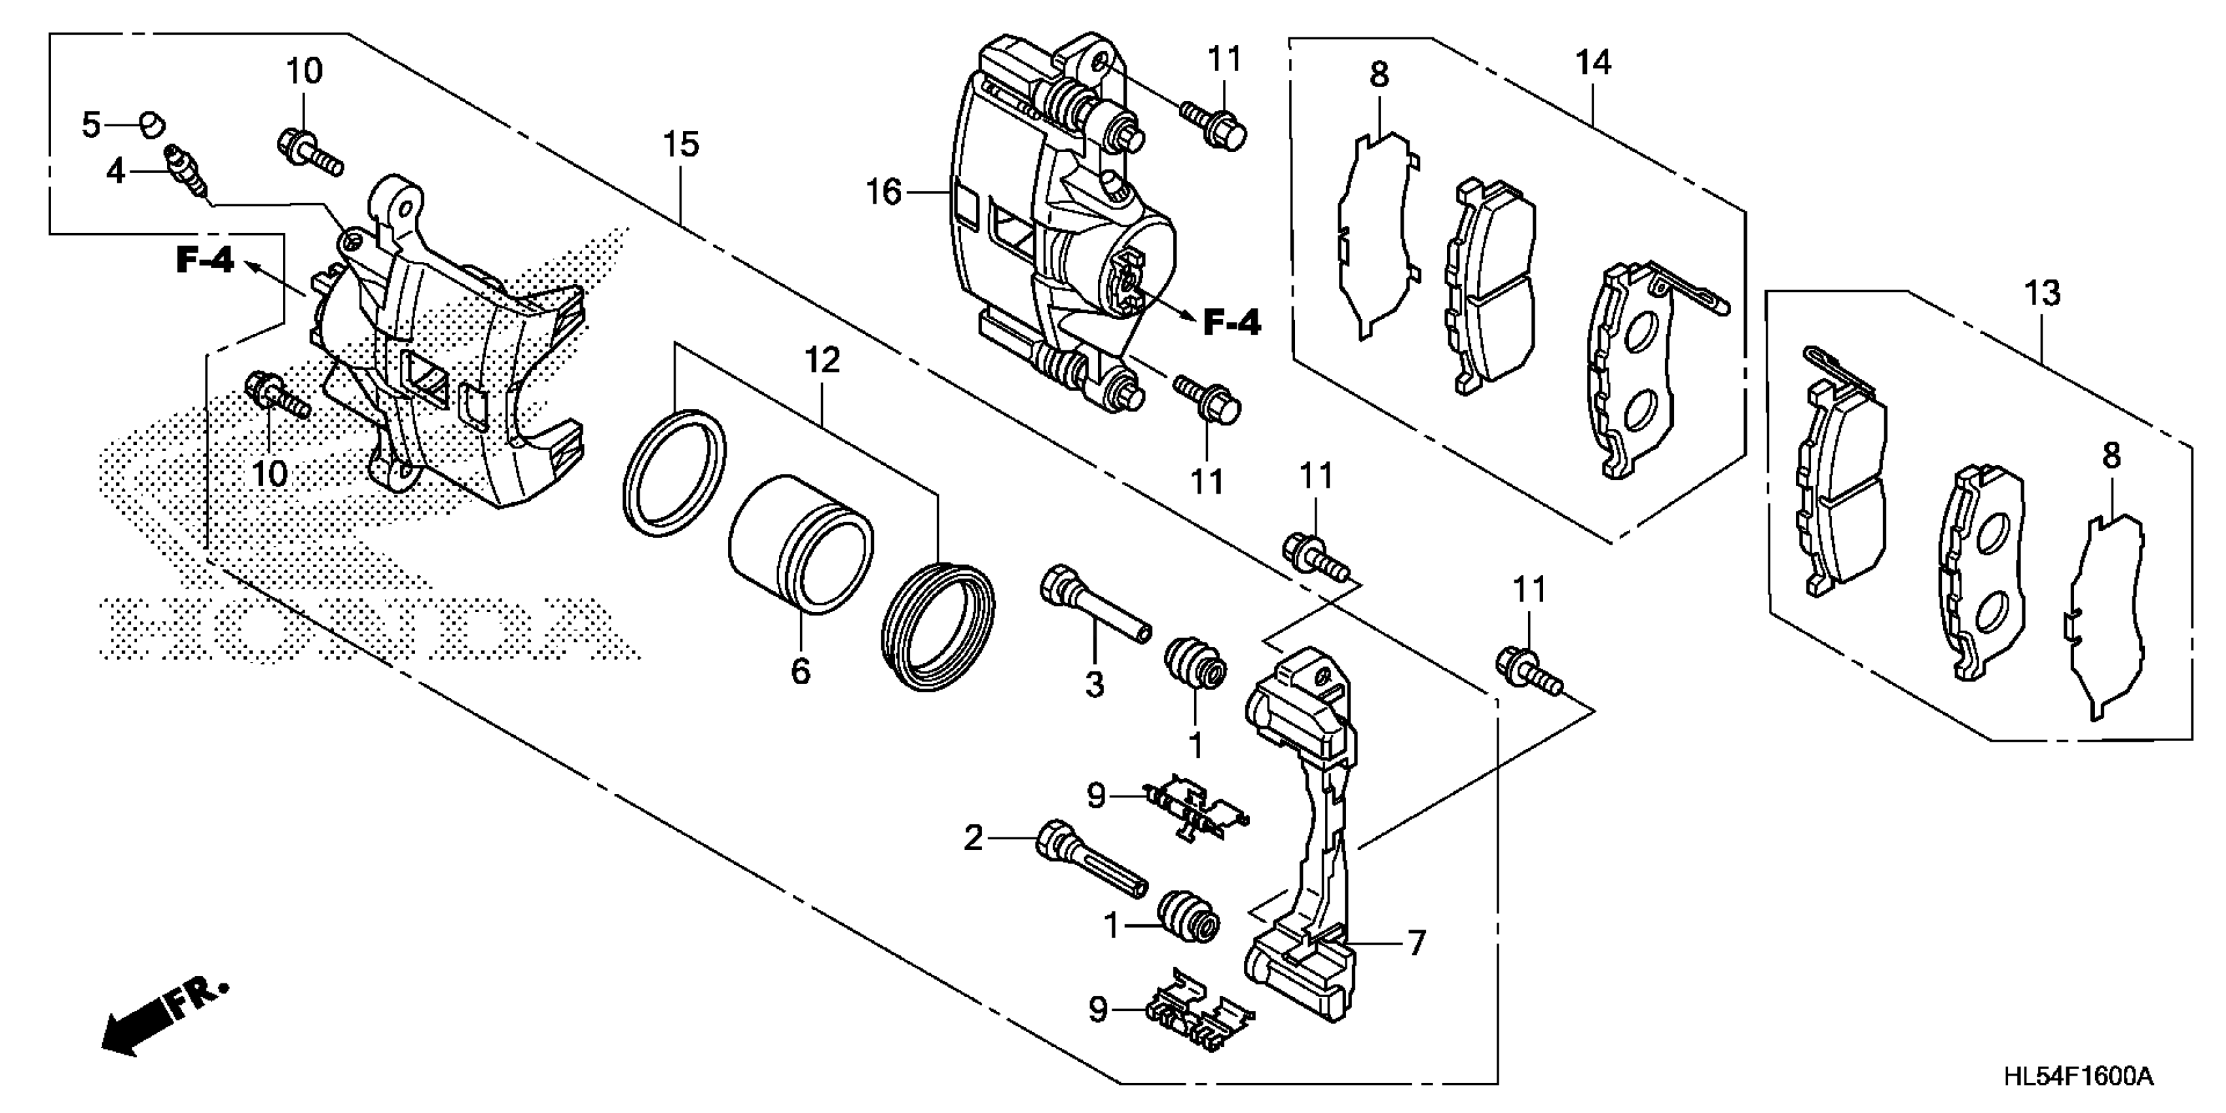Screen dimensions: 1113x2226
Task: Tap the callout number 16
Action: pos(883,192)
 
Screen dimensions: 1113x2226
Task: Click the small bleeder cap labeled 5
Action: pos(152,125)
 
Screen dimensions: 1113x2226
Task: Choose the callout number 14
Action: pos(1594,62)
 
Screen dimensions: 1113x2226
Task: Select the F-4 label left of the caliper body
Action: pos(205,259)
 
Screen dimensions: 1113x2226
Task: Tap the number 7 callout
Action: pos(1415,943)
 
